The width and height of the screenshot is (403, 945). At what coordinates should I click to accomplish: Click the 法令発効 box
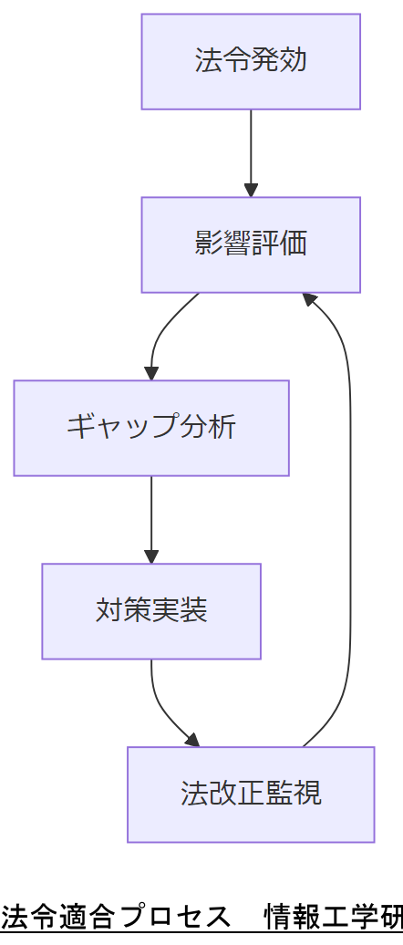coord(251,61)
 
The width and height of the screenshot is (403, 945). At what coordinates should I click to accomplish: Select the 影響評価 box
coord(251,244)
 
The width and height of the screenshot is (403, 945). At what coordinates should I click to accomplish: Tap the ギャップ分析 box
coord(151,428)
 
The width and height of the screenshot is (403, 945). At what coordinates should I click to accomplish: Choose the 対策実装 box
coord(151,611)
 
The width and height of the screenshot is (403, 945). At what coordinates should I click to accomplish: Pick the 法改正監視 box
coord(251,794)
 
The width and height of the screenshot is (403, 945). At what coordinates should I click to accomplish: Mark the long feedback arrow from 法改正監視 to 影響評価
coord(350,520)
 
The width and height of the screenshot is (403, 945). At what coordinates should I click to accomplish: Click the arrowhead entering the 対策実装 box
coord(151,557)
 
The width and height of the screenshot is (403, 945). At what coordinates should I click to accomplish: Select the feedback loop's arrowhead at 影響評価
coord(310,298)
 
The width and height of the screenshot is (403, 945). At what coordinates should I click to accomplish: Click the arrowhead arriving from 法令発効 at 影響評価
coord(251,191)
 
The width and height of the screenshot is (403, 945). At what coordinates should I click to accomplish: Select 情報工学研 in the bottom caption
coord(333,916)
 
